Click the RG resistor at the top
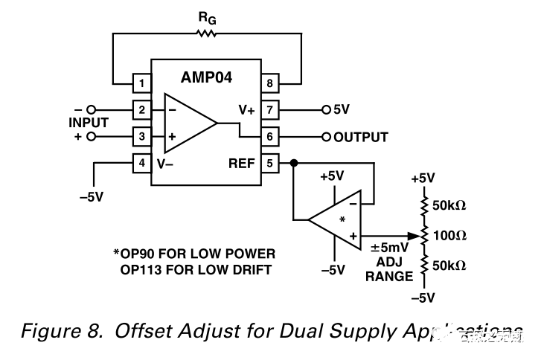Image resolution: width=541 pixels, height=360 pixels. point(205,33)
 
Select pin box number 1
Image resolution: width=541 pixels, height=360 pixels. point(142,80)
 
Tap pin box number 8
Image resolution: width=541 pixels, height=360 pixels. point(269,80)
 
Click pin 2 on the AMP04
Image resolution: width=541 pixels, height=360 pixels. point(142,109)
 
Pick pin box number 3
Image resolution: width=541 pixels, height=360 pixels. point(142,136)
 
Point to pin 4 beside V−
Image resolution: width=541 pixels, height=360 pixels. point(142,162)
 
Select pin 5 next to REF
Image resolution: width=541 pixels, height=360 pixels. point(269,162)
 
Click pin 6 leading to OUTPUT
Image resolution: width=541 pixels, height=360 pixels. point(269,136)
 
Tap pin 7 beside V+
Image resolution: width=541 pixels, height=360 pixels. point(269,109)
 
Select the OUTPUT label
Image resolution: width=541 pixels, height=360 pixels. point(361,137)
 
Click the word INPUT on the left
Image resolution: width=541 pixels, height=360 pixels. point(89,123)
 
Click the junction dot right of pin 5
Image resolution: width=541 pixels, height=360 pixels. point(295,162)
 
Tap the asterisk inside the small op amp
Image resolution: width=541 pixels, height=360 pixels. point(342,220)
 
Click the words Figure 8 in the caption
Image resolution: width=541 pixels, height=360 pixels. point(60,331)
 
